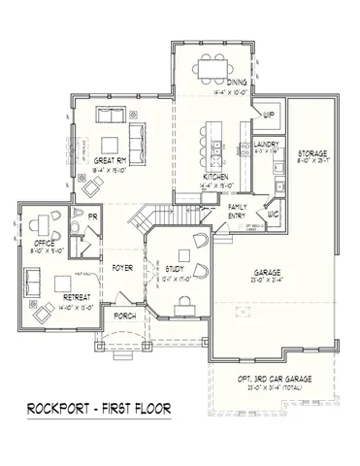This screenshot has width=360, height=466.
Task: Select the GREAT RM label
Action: coord(111,161)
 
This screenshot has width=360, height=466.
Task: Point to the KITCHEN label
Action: coord(214,176)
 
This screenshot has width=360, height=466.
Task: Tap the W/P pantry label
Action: coord(268,115)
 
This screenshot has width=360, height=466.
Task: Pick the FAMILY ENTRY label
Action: coord(237,211)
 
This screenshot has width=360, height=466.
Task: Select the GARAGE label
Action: coord(260,273)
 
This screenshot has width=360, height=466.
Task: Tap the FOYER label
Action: coord(121,266)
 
